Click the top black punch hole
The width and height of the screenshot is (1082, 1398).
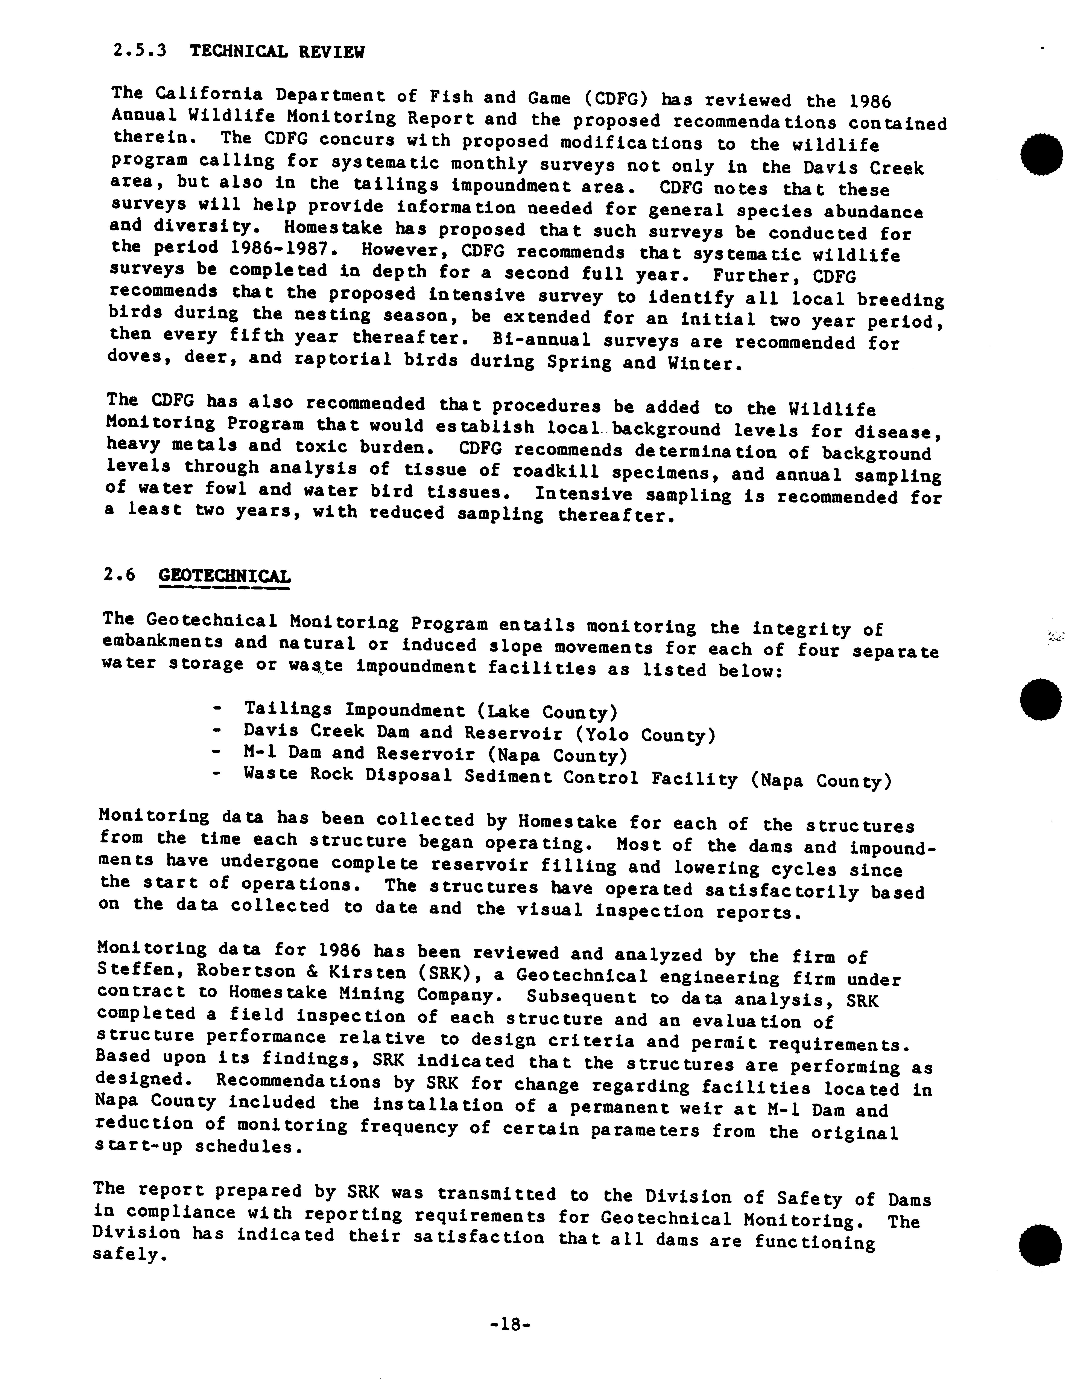point(1042,155)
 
